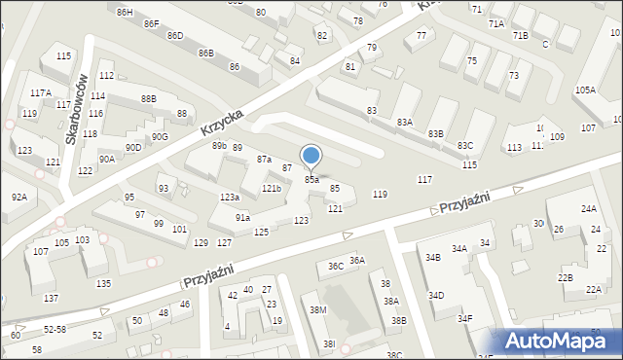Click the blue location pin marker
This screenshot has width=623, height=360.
click(x=311, y=156)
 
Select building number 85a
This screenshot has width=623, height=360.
click(x=311, y=180)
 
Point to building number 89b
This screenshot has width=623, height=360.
click(x=219, y=146)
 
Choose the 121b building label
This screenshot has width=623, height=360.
click(x=272, y=189)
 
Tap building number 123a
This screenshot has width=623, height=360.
click(x=229, y=198)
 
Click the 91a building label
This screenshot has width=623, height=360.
click(x=242, y=218)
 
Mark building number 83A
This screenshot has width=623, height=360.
click(x=405, y=122)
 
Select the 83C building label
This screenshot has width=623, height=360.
click(x=465, y=145)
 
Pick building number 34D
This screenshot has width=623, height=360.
click(x=436, y=295)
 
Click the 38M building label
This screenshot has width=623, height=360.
click(x=318, y=309)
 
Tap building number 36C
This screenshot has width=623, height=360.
click(x=335, y=266)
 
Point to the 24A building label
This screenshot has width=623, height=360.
click(x=589, y=209)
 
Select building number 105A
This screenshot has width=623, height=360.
click(x=585, y=90)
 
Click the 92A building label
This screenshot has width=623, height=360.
click(x=19, y=198)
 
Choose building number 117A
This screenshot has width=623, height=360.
click(x=40, y=93)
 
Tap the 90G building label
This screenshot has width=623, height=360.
click(x=160, y=137)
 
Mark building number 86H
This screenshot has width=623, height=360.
click(x=124, y=12)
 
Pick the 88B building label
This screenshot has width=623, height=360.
click(x=148, y=99)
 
